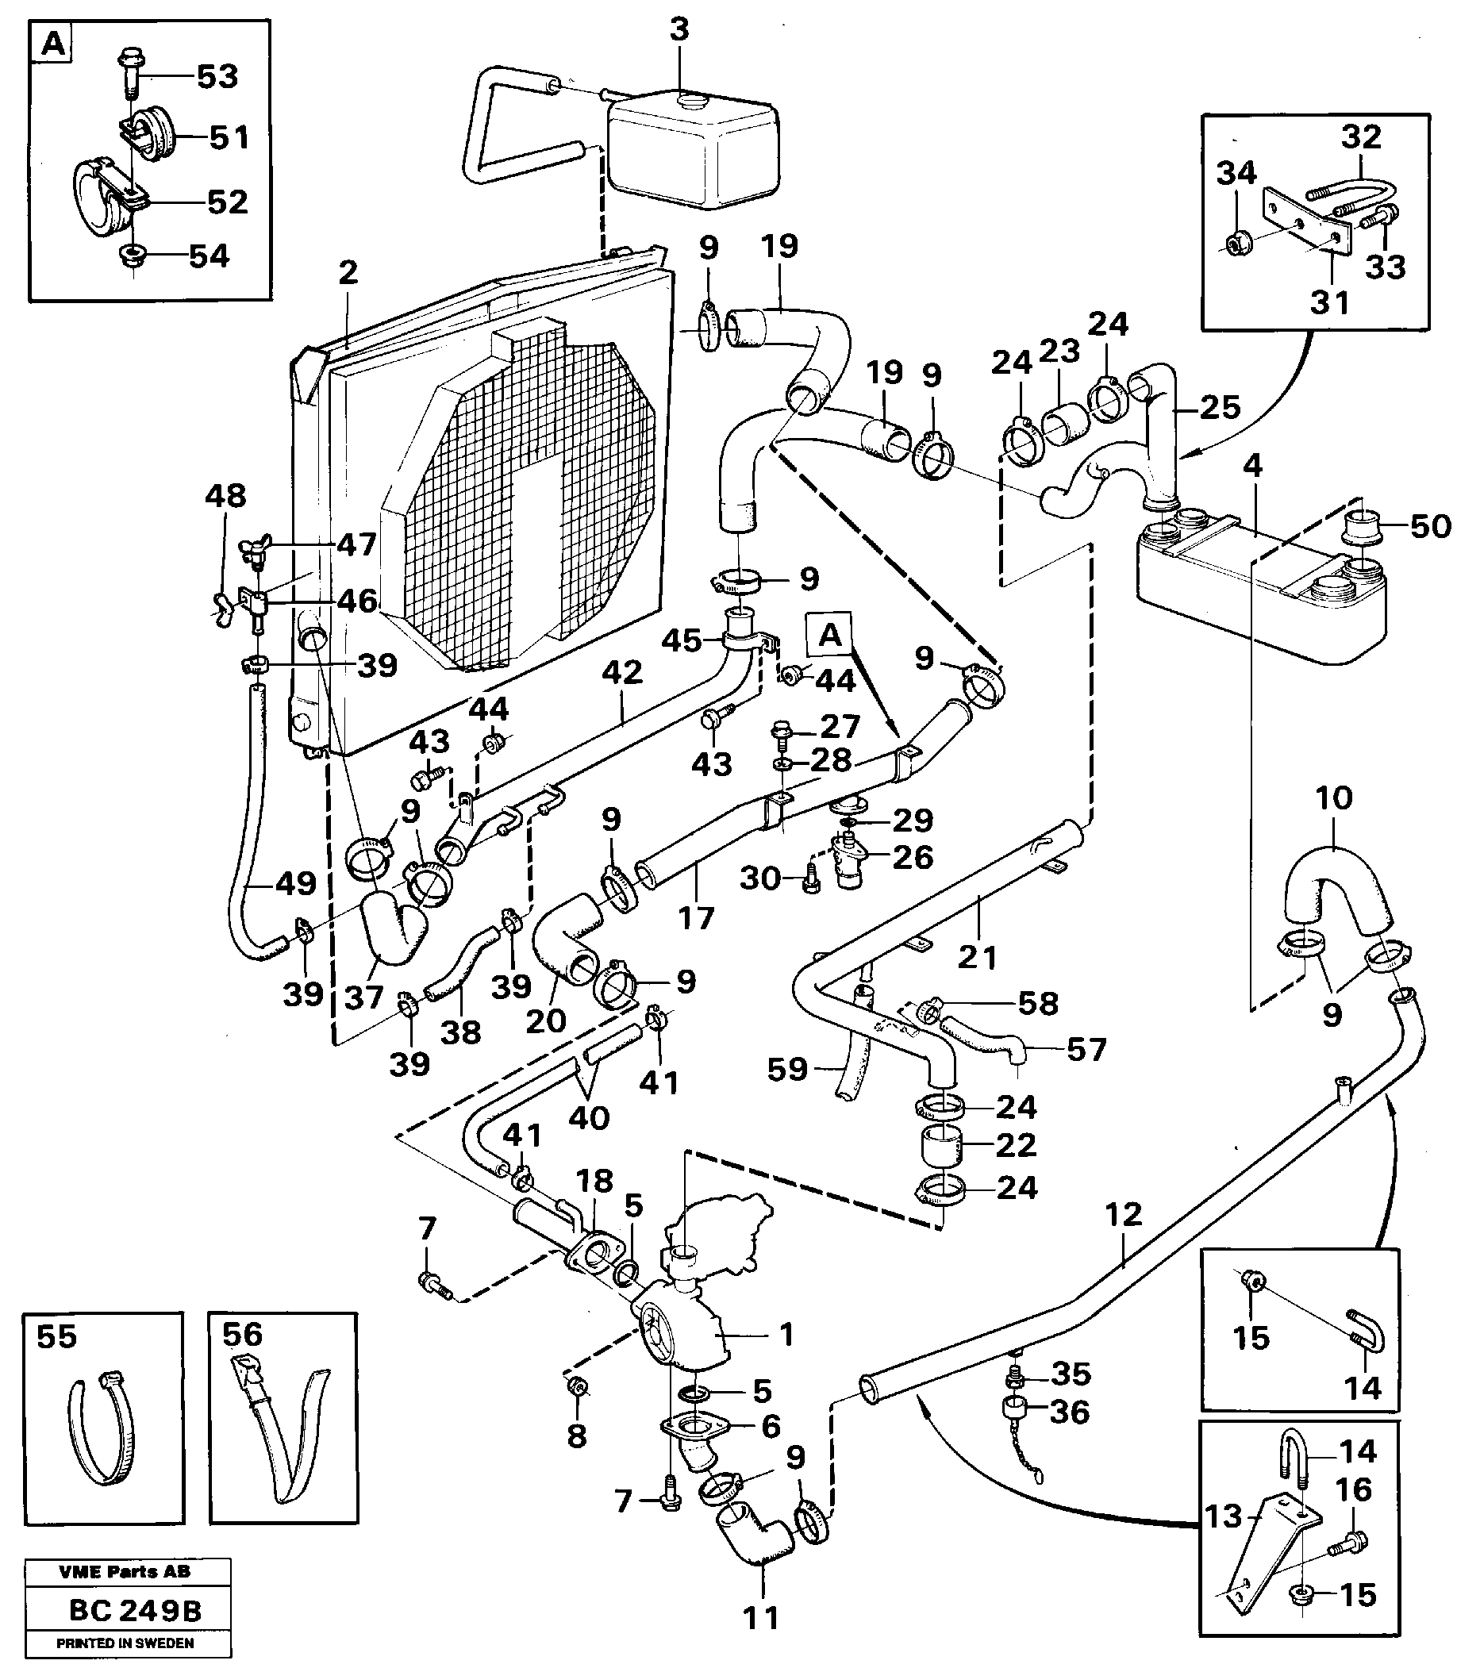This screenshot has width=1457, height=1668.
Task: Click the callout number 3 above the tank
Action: [x=679, y=29]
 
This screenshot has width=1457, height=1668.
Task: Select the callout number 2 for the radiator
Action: [x=348, y=272]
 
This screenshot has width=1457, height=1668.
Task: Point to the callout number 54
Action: [x=209, y=256]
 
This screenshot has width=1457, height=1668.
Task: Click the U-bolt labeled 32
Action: [x=1354, y=193]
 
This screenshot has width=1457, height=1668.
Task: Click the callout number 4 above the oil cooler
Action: [x=1253, y=466]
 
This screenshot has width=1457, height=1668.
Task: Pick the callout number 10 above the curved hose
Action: [x=1333, y=798]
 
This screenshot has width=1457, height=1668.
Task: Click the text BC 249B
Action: [x=135, y=1610]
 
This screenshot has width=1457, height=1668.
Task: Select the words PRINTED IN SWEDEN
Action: [x=125, y=1643]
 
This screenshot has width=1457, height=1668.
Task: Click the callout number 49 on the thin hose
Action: [x=295, y=882]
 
